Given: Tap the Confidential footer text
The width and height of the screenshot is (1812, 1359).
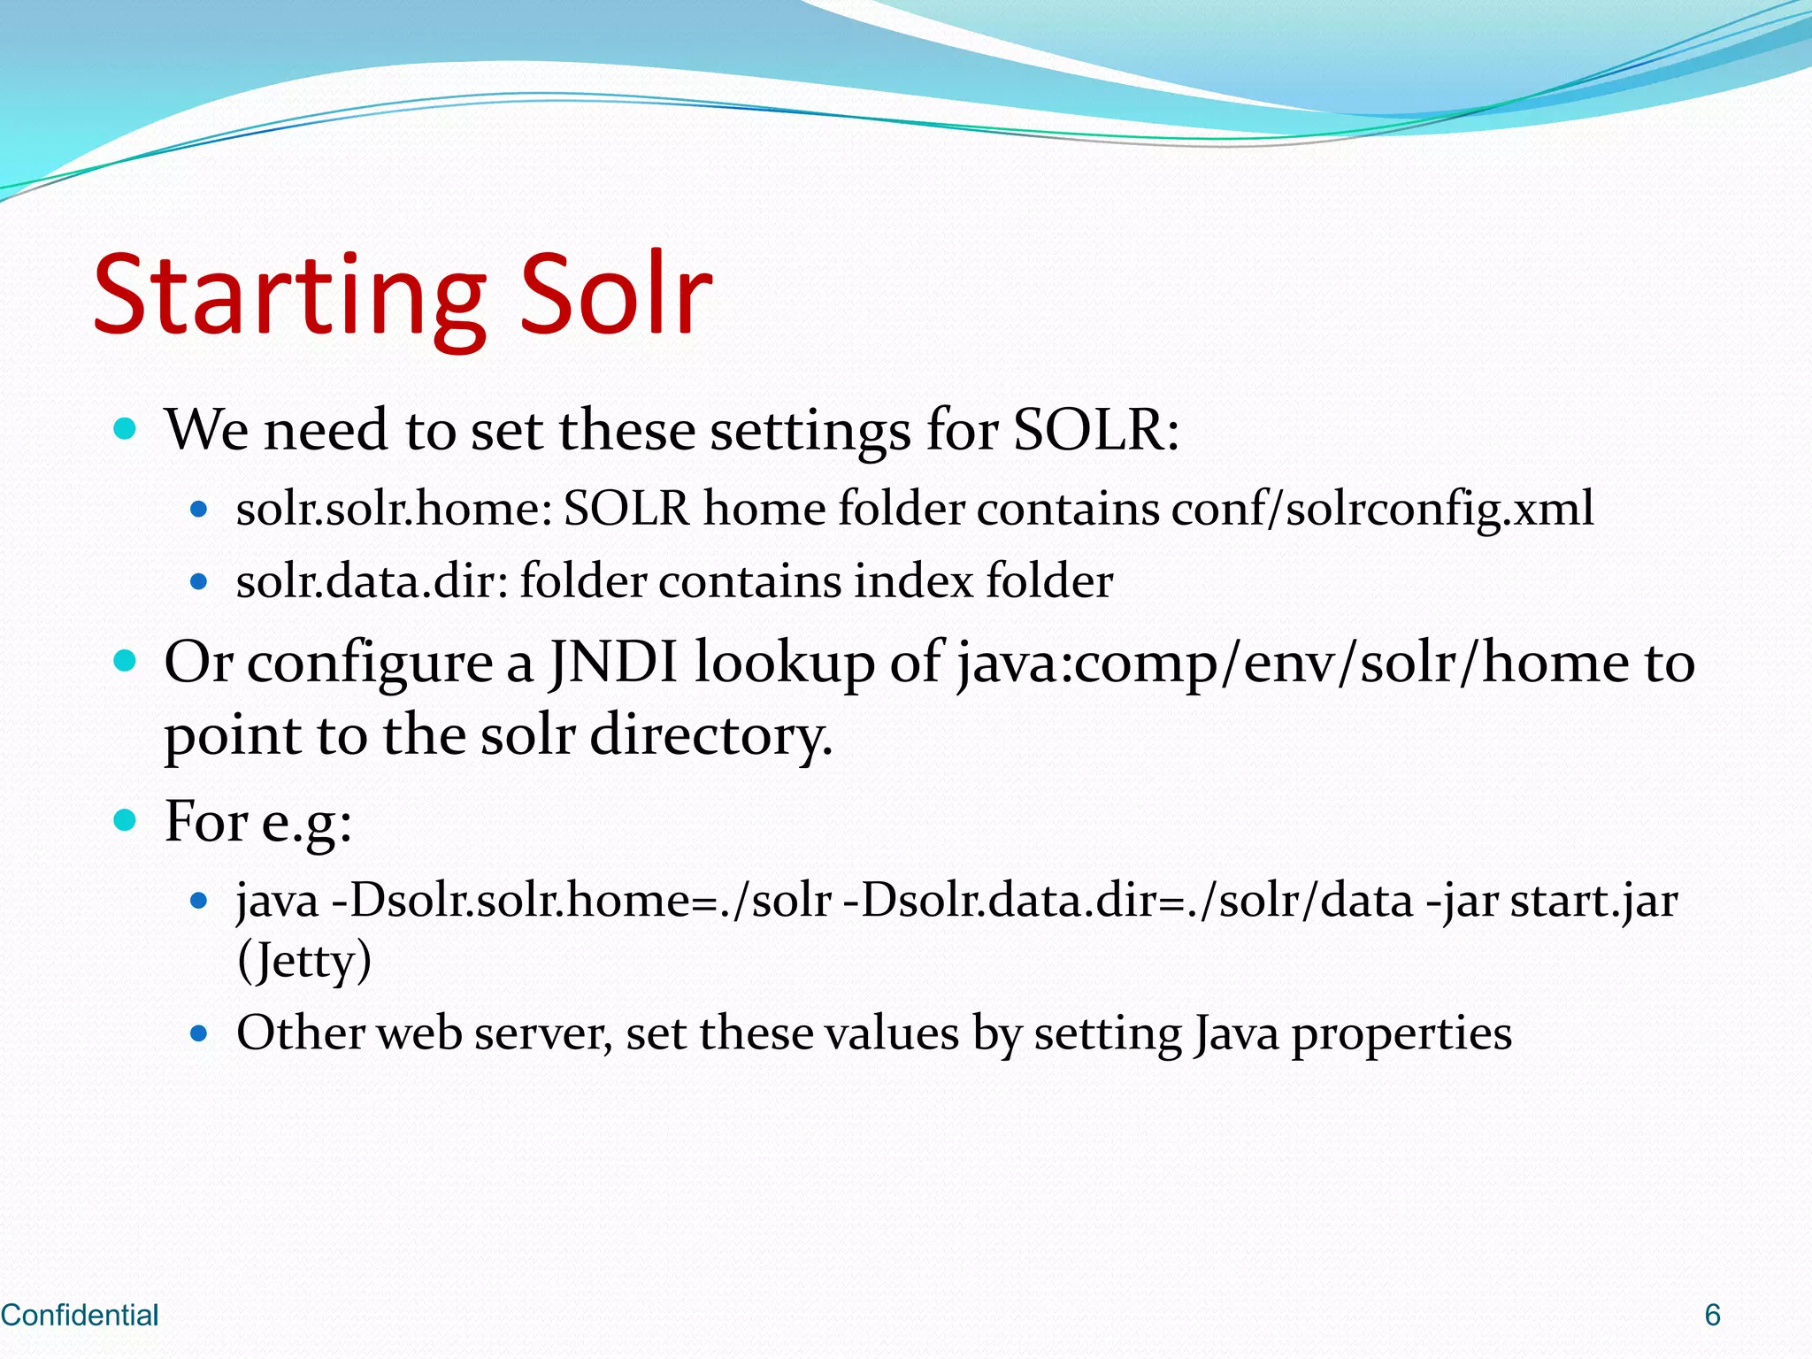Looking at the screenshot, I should (80, 1315).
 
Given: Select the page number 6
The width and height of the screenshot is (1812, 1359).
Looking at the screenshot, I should (1712, 1315).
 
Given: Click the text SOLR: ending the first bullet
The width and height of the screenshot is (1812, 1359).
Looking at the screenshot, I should (1095, 430).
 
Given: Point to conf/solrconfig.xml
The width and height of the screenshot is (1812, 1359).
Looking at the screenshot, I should (1382, 510).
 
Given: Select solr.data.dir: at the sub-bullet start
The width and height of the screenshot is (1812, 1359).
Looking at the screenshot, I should (372, 582).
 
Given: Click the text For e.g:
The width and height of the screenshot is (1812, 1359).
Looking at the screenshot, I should (258, 821).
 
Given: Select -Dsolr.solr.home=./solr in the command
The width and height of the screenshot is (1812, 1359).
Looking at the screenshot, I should (581, 901).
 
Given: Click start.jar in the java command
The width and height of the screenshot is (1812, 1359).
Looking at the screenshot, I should (1593, 901).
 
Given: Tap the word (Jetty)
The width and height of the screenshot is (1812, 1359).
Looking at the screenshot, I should (304, 961).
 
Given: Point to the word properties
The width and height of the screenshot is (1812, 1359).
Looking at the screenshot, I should (1401, 1033).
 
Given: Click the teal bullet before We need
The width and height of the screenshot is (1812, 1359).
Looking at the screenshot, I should (126, 430).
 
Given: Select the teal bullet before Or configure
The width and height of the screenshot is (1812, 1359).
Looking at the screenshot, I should (126, 661).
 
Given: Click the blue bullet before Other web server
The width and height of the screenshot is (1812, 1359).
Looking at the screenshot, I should (199, 1033).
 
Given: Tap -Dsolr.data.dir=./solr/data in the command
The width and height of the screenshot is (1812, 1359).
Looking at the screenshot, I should (1128, 901).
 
